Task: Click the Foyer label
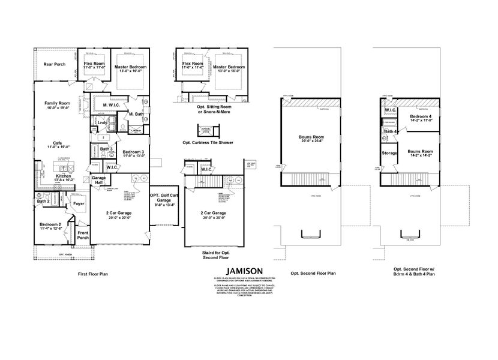(79, 203)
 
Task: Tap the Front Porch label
(82, 235)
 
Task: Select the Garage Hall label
(99, 181)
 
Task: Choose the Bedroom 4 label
(421, 118)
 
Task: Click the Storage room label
(389, 153)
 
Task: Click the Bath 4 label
(390, 131)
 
